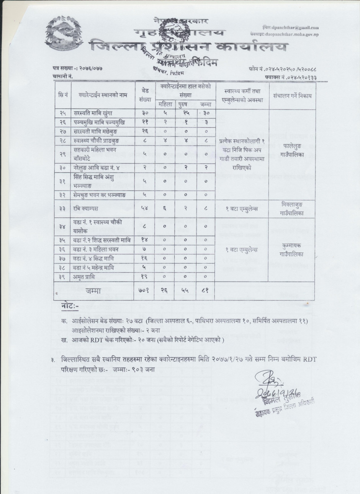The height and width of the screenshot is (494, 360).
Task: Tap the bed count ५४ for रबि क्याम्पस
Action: [x=145, y=209]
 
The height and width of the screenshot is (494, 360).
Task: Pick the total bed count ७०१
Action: [x=145, y=290]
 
